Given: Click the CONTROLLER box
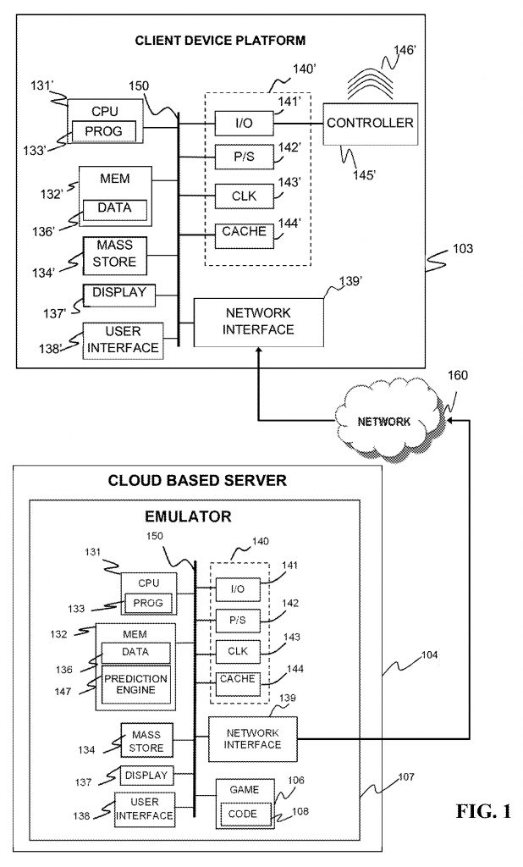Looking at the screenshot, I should pos(370,124).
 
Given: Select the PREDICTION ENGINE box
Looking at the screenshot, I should pos(135,685).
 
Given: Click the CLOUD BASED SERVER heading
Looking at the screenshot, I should pos(197,480).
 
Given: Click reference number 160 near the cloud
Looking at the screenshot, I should pos(457,375).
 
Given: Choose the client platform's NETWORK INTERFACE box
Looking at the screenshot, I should pos(259,322).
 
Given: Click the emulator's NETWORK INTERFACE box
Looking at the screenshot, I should pos(253,737).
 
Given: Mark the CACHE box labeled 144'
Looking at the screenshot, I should pos(244,231).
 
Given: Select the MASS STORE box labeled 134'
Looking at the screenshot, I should pos(114,254).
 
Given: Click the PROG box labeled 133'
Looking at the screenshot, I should pos(104,131).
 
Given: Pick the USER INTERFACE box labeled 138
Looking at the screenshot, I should pos(145,809).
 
